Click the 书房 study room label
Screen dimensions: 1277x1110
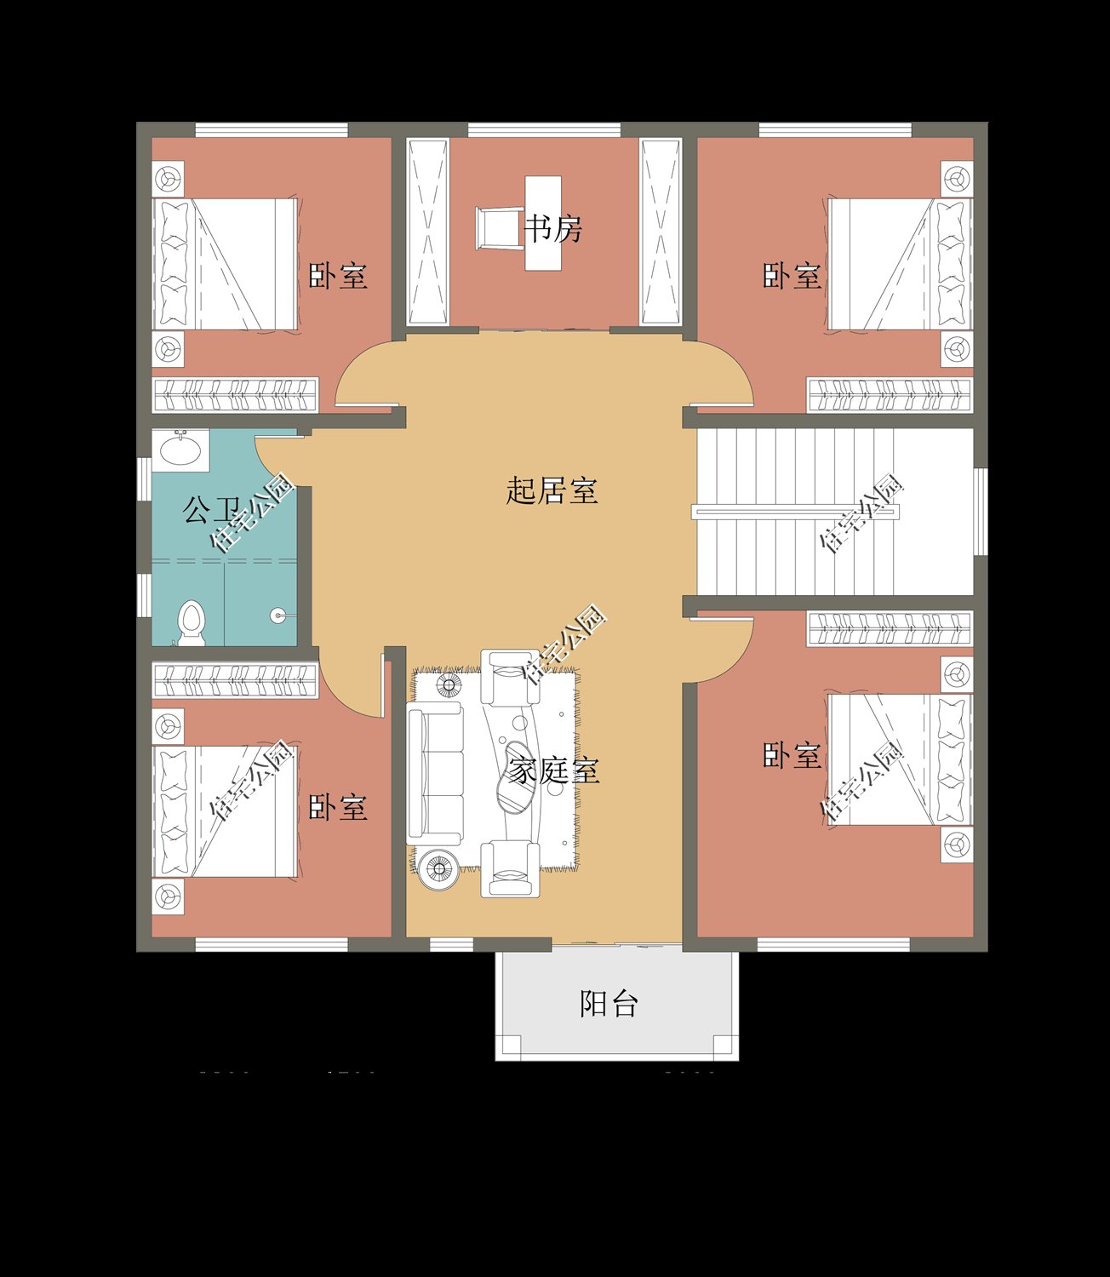coord(552,229)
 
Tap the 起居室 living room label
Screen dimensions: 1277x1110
coord(552,490)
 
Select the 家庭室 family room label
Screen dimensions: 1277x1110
coord(554,771)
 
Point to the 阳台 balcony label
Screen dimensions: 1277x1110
coord(609,1004)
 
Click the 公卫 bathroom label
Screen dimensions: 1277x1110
coord(208,510)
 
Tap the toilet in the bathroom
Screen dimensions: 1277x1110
coord(192,621)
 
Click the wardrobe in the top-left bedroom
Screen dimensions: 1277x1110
coord(235,395)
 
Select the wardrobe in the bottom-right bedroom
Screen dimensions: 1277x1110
coord(889,629)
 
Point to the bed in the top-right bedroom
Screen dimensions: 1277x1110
coord(898,264)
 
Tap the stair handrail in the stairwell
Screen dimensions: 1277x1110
coord(795,512)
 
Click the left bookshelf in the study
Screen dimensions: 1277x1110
coord(427,232)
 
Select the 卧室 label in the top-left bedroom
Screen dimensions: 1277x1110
coord(338,276)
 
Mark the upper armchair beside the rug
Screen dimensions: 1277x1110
coord(510,677)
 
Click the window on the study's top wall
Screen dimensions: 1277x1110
coord(544,130)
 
